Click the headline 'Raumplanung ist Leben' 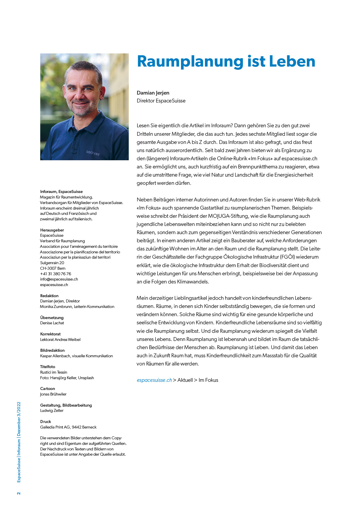(x=226, y=62)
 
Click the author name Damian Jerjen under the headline (x=153, y=93)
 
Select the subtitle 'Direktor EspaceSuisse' (x=161, y=101)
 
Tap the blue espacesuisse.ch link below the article (x=154, y=380)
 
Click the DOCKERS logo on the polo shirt (x=93, y=153)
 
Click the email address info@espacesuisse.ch (x=59, y=279)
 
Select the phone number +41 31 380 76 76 (x=55, y=274)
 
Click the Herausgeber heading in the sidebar (x=52, y=230)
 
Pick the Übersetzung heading (x=52, y=318)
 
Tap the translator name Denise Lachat (x=52, y=323)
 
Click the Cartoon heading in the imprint (x=48, y=389)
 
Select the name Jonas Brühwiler (x=53, y=394)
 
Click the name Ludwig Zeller (x=52, y=410)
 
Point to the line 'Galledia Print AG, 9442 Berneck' (x=68, y=427)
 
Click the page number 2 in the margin (x=19, y=493)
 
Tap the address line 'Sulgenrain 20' (x=52, y=263)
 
